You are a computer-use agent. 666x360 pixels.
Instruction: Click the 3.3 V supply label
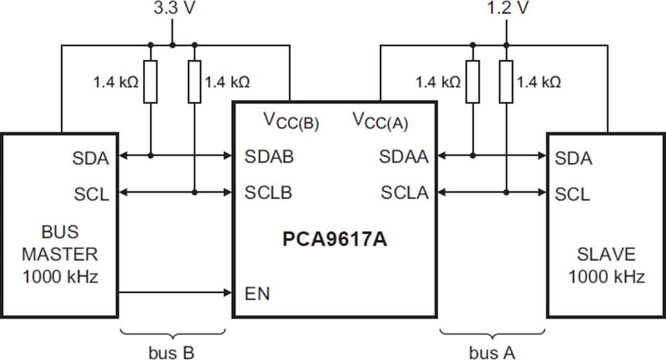point(172,9)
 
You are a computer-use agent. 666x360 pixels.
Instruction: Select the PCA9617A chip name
point(334,239)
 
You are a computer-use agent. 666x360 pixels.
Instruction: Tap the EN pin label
point(257,294)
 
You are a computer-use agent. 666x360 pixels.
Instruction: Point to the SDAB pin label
point(269,157)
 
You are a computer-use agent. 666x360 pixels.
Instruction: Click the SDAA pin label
point(403,157)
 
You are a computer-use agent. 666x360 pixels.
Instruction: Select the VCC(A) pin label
point(380,120)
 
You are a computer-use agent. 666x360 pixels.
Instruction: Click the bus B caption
point(171,352)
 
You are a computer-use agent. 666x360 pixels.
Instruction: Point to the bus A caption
point(492,352)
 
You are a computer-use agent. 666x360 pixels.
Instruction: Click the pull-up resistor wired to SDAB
point(150,82)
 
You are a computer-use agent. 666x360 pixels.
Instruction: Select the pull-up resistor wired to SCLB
point(194,82)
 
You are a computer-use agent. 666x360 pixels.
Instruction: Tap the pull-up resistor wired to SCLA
point(506,82)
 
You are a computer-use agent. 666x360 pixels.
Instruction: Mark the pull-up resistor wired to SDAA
point(472,82)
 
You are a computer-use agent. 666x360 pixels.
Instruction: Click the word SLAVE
point(606,254)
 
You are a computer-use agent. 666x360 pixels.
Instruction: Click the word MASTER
point(60,254)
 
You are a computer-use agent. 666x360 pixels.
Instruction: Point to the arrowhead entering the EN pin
point(227,293)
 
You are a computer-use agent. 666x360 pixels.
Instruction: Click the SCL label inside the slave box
point(572,194)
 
